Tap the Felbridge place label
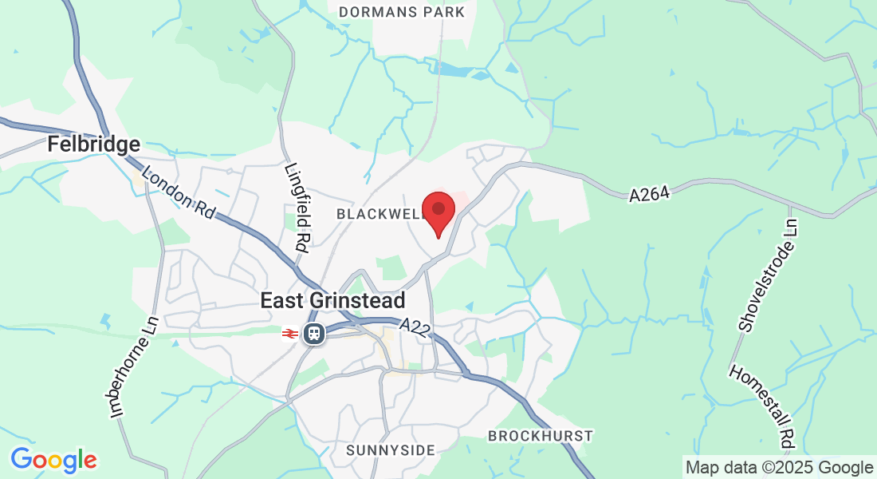coord(94,144)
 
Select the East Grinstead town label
coord(333,300)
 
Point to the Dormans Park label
coord(402,12)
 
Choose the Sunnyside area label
coord(391,450)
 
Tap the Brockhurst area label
coord(541,436)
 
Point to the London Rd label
coord(179,192)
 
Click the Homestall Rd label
coord(763,406)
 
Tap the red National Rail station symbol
coord(289,334)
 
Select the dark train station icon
coord(313,333)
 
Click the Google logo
coord(53,460)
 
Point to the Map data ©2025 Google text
coord(780,468)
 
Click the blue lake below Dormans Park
coord(457,70)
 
